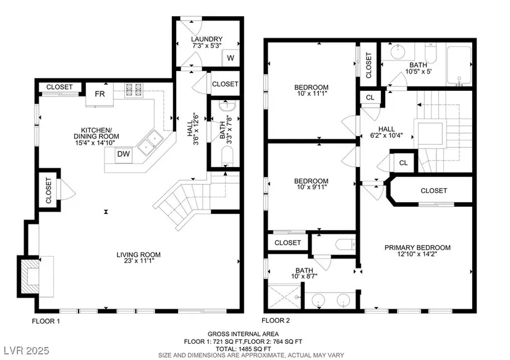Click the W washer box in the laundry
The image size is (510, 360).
(x=231, y=58)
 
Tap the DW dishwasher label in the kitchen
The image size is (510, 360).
(x=123, y=154)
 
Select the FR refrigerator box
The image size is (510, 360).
(x=100, y=94)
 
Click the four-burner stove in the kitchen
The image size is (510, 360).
(x=134, y=90)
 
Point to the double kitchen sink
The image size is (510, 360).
(x=150, y=143)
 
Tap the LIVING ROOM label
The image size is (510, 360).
(x=138, y=255)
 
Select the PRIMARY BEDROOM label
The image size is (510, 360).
(x=417, y=247)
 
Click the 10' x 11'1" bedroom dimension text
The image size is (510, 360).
(x=312, y=93)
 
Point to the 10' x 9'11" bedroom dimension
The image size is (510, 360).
(x=312, y=187)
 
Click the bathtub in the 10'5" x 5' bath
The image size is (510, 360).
(x=459, y=65)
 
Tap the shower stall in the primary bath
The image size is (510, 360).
(x=284, y=296)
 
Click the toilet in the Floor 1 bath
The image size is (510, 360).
(x=227, y=156)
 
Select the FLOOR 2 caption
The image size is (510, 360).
(x=276, y=320)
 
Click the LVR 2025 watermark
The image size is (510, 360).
(x=27, y=351)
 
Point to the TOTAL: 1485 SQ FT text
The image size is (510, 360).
(x=244, y=348)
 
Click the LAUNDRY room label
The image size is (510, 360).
(x=207, y=39)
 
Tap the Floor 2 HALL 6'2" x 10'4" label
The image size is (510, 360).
(x=386, y=132)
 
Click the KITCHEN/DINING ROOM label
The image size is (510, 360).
(x=96, y=133)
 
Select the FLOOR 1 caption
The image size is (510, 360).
(x=46, y=322)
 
